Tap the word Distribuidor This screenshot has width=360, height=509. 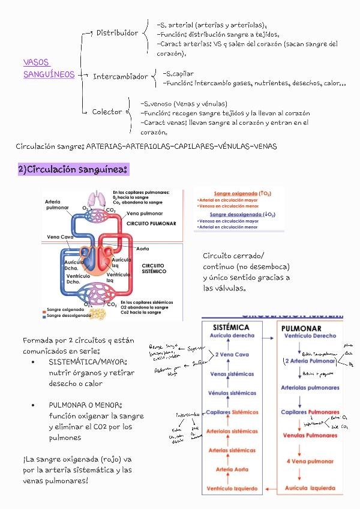117,32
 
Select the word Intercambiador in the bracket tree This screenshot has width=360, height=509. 120,77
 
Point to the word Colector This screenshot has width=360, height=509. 107,112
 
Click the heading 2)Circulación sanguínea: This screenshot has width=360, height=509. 73,170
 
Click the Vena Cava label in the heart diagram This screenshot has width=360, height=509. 59,237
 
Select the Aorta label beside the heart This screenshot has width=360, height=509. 143,247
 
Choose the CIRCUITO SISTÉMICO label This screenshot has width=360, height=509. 154,268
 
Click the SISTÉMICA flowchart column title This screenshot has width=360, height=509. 231,328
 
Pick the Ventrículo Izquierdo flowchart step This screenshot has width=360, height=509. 232,489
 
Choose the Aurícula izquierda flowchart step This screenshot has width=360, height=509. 310,489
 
